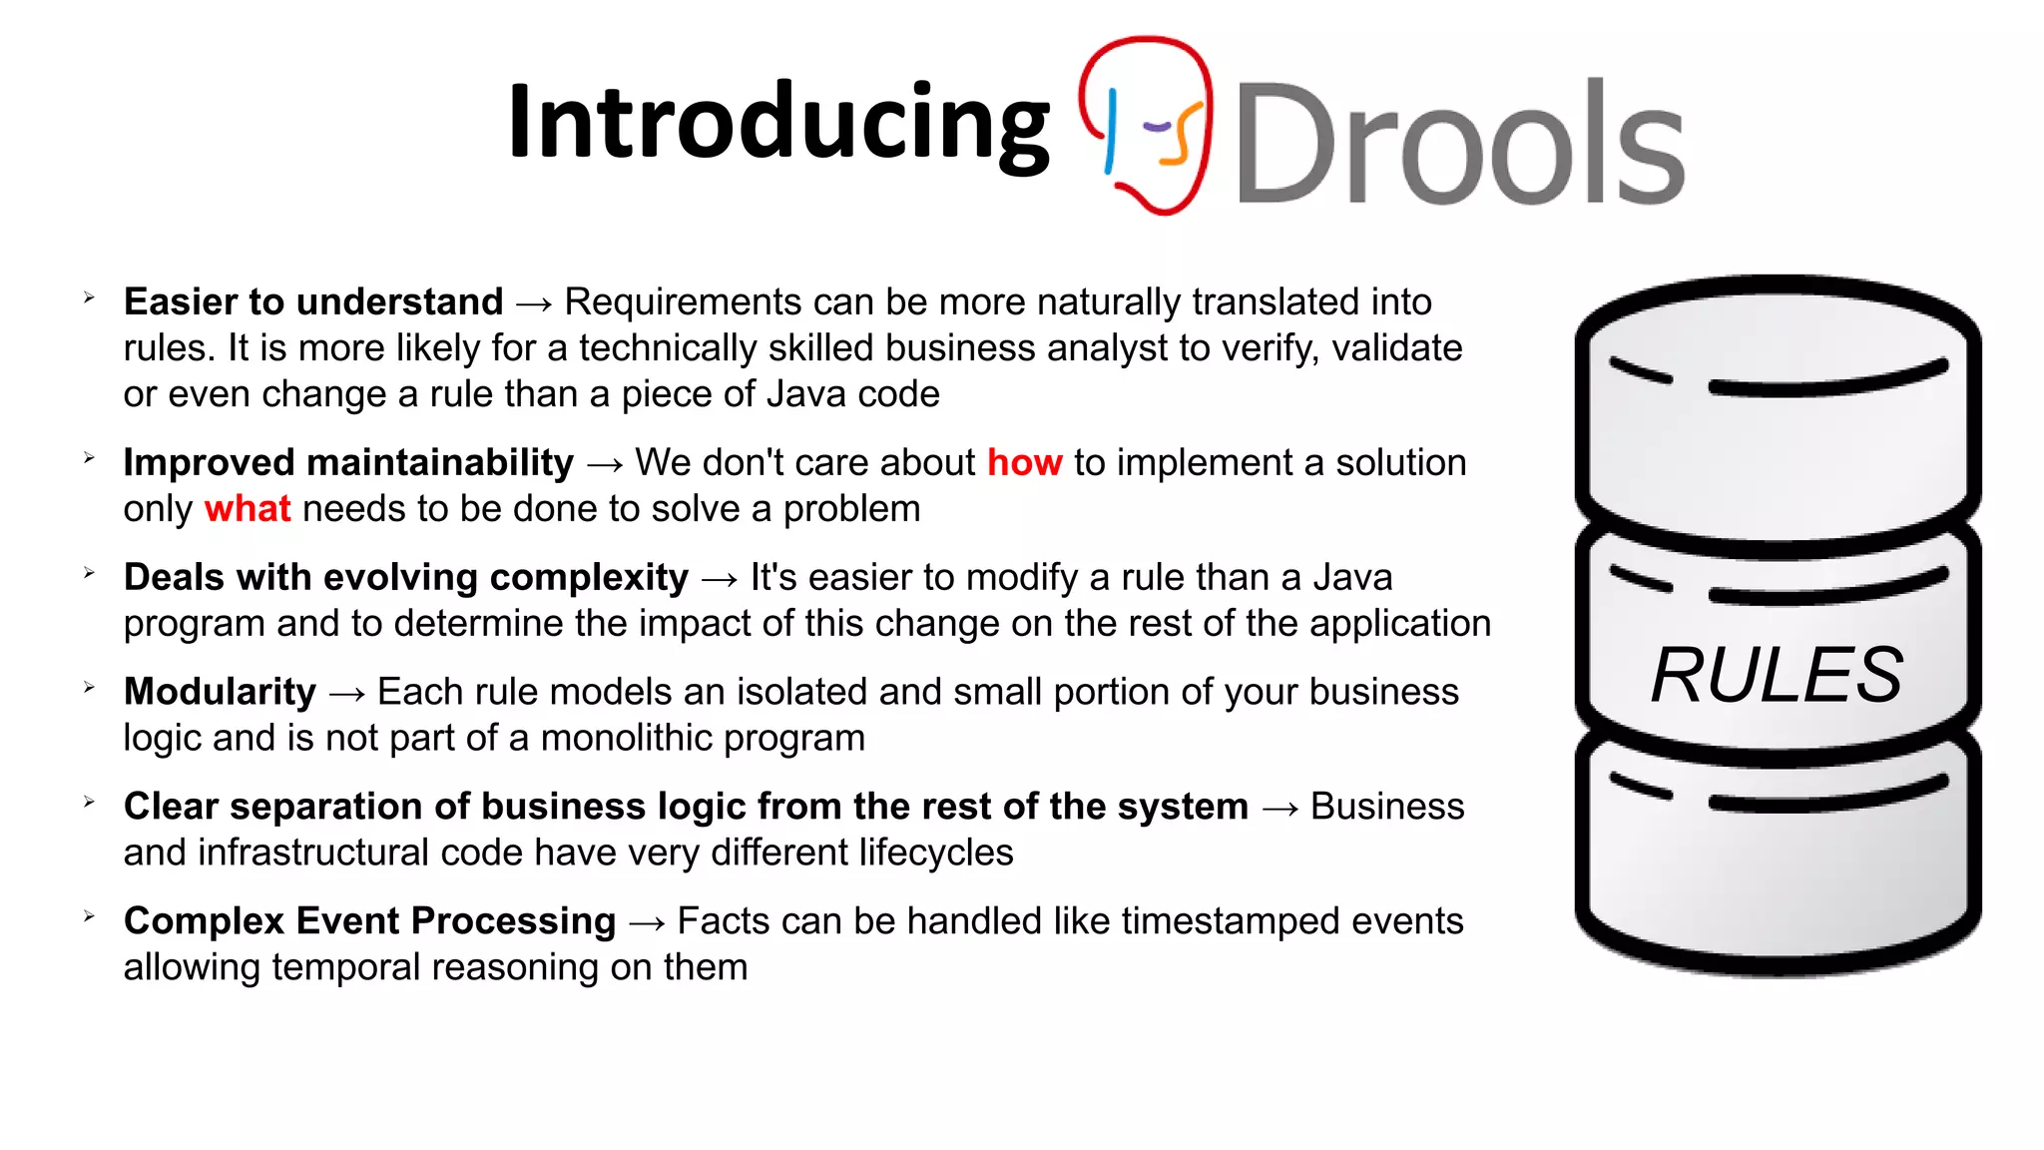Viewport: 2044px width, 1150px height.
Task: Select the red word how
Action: pyautogui.click(x=1024, y=463)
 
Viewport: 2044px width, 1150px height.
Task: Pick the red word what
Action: pyautogui.click(x=248, y=509)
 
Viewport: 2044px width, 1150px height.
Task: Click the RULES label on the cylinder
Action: pyautogui.click(x=1777, y=675)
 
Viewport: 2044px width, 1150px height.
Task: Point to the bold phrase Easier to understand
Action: pyautogui.click(x=313, y=301)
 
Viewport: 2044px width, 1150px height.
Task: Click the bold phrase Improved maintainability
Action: pyautogui.click(x=348, y=463)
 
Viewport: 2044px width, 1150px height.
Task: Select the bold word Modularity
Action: pyautogui.click(x=220, y=692)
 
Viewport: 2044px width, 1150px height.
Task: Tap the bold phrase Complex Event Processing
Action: pyautogui.click(x=369, y=921)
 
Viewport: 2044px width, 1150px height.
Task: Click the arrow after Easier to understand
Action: pyautogui.click(x=534, y=303)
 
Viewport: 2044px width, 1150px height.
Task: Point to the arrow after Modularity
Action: pyautogui.click(x=346, y=694)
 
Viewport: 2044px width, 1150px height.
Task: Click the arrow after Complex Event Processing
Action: pyautogui.click(x=647, y=923)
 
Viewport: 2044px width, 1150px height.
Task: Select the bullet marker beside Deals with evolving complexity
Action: pyautogui.click(x=89, y=573)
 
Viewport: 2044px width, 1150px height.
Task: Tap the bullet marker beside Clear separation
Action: pyautogui.click(x=89, y=802)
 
